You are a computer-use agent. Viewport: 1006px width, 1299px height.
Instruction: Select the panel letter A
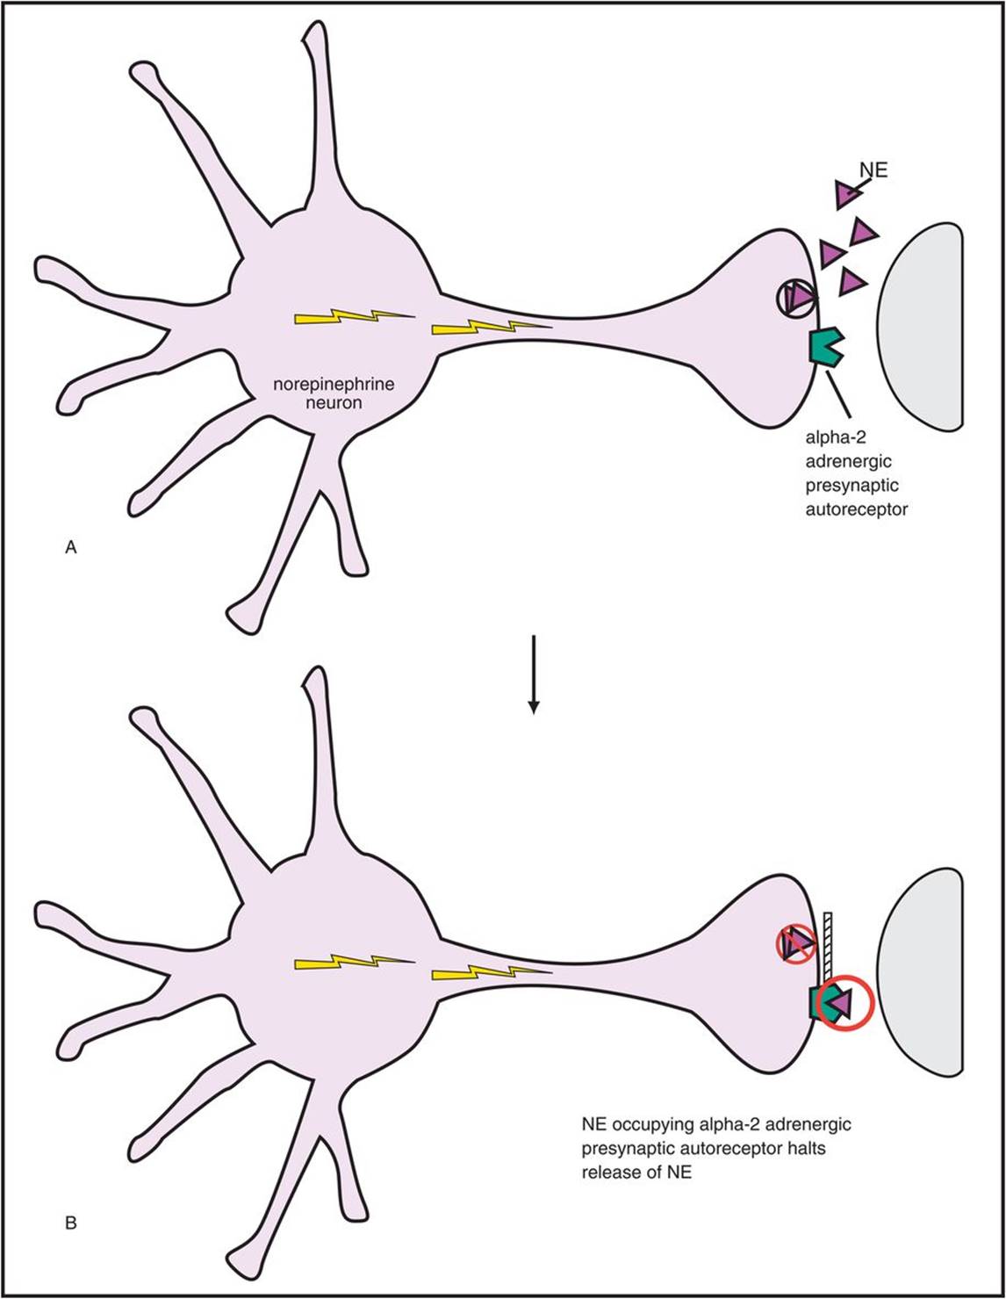[72, 547]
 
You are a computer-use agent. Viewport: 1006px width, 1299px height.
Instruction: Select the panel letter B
[72, 1221]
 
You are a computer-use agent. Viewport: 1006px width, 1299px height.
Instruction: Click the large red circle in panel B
[845, 1002]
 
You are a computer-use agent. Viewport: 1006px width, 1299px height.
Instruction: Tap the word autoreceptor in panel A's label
[856, 507]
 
